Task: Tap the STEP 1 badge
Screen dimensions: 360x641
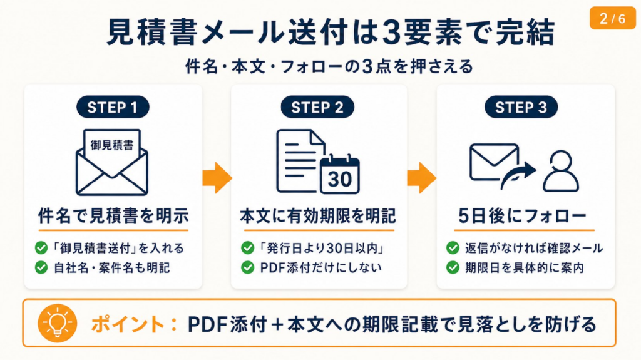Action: pyautogui.click(x=113, y=107)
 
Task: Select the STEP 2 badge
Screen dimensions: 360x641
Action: pyautogui.click(x=318, y=107)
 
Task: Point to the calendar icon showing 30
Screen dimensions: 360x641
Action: pyautogui.click(x=340, y=176)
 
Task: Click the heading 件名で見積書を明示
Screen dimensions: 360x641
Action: pyautogui.click(x=113, y=217)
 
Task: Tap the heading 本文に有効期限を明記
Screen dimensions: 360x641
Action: pyautogui.click(x=318, y=217)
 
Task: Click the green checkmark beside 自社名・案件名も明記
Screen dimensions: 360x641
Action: pyautogui.click(x=41, y=268)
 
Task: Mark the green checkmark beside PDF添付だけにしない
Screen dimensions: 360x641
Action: pyautogui.click(x=248, y=268)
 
